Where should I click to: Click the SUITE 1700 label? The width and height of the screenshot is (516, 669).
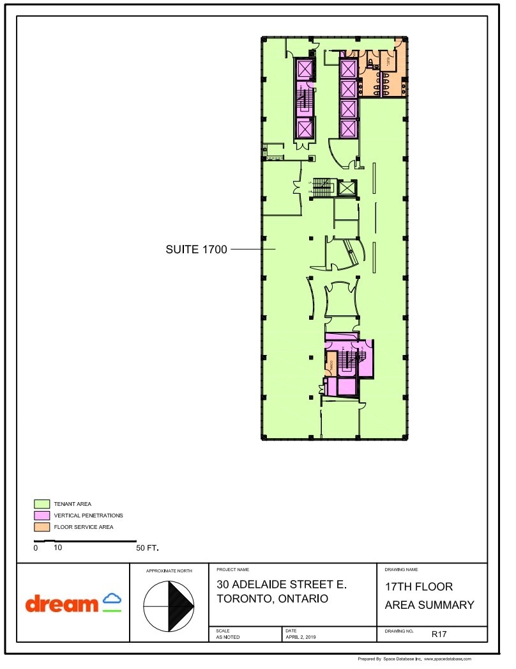(196, 249)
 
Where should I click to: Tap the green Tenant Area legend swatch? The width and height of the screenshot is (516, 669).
(42, 504)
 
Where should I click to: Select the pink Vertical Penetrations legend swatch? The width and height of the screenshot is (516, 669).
(42, 516)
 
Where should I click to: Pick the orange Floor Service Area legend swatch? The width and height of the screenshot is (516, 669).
(42, 527)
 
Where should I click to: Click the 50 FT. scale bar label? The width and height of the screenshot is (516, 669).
(147, 548)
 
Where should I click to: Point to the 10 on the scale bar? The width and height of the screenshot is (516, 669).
(57, 548)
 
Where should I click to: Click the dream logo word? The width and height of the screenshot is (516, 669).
(62, 603)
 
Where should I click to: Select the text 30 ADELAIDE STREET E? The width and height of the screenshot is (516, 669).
(281, 584)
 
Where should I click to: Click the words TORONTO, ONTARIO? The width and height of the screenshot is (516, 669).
(272, 599)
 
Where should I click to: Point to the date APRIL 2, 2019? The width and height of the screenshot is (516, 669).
(301, 637)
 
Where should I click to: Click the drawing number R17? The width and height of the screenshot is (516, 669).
(439, 634)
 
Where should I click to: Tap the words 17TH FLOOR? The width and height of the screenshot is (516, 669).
(418, 587)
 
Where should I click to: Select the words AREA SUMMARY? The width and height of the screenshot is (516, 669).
(429, 605)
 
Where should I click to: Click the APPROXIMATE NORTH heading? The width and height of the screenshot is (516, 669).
(169, 570)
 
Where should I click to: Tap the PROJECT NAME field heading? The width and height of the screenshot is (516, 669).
(232, 569)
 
